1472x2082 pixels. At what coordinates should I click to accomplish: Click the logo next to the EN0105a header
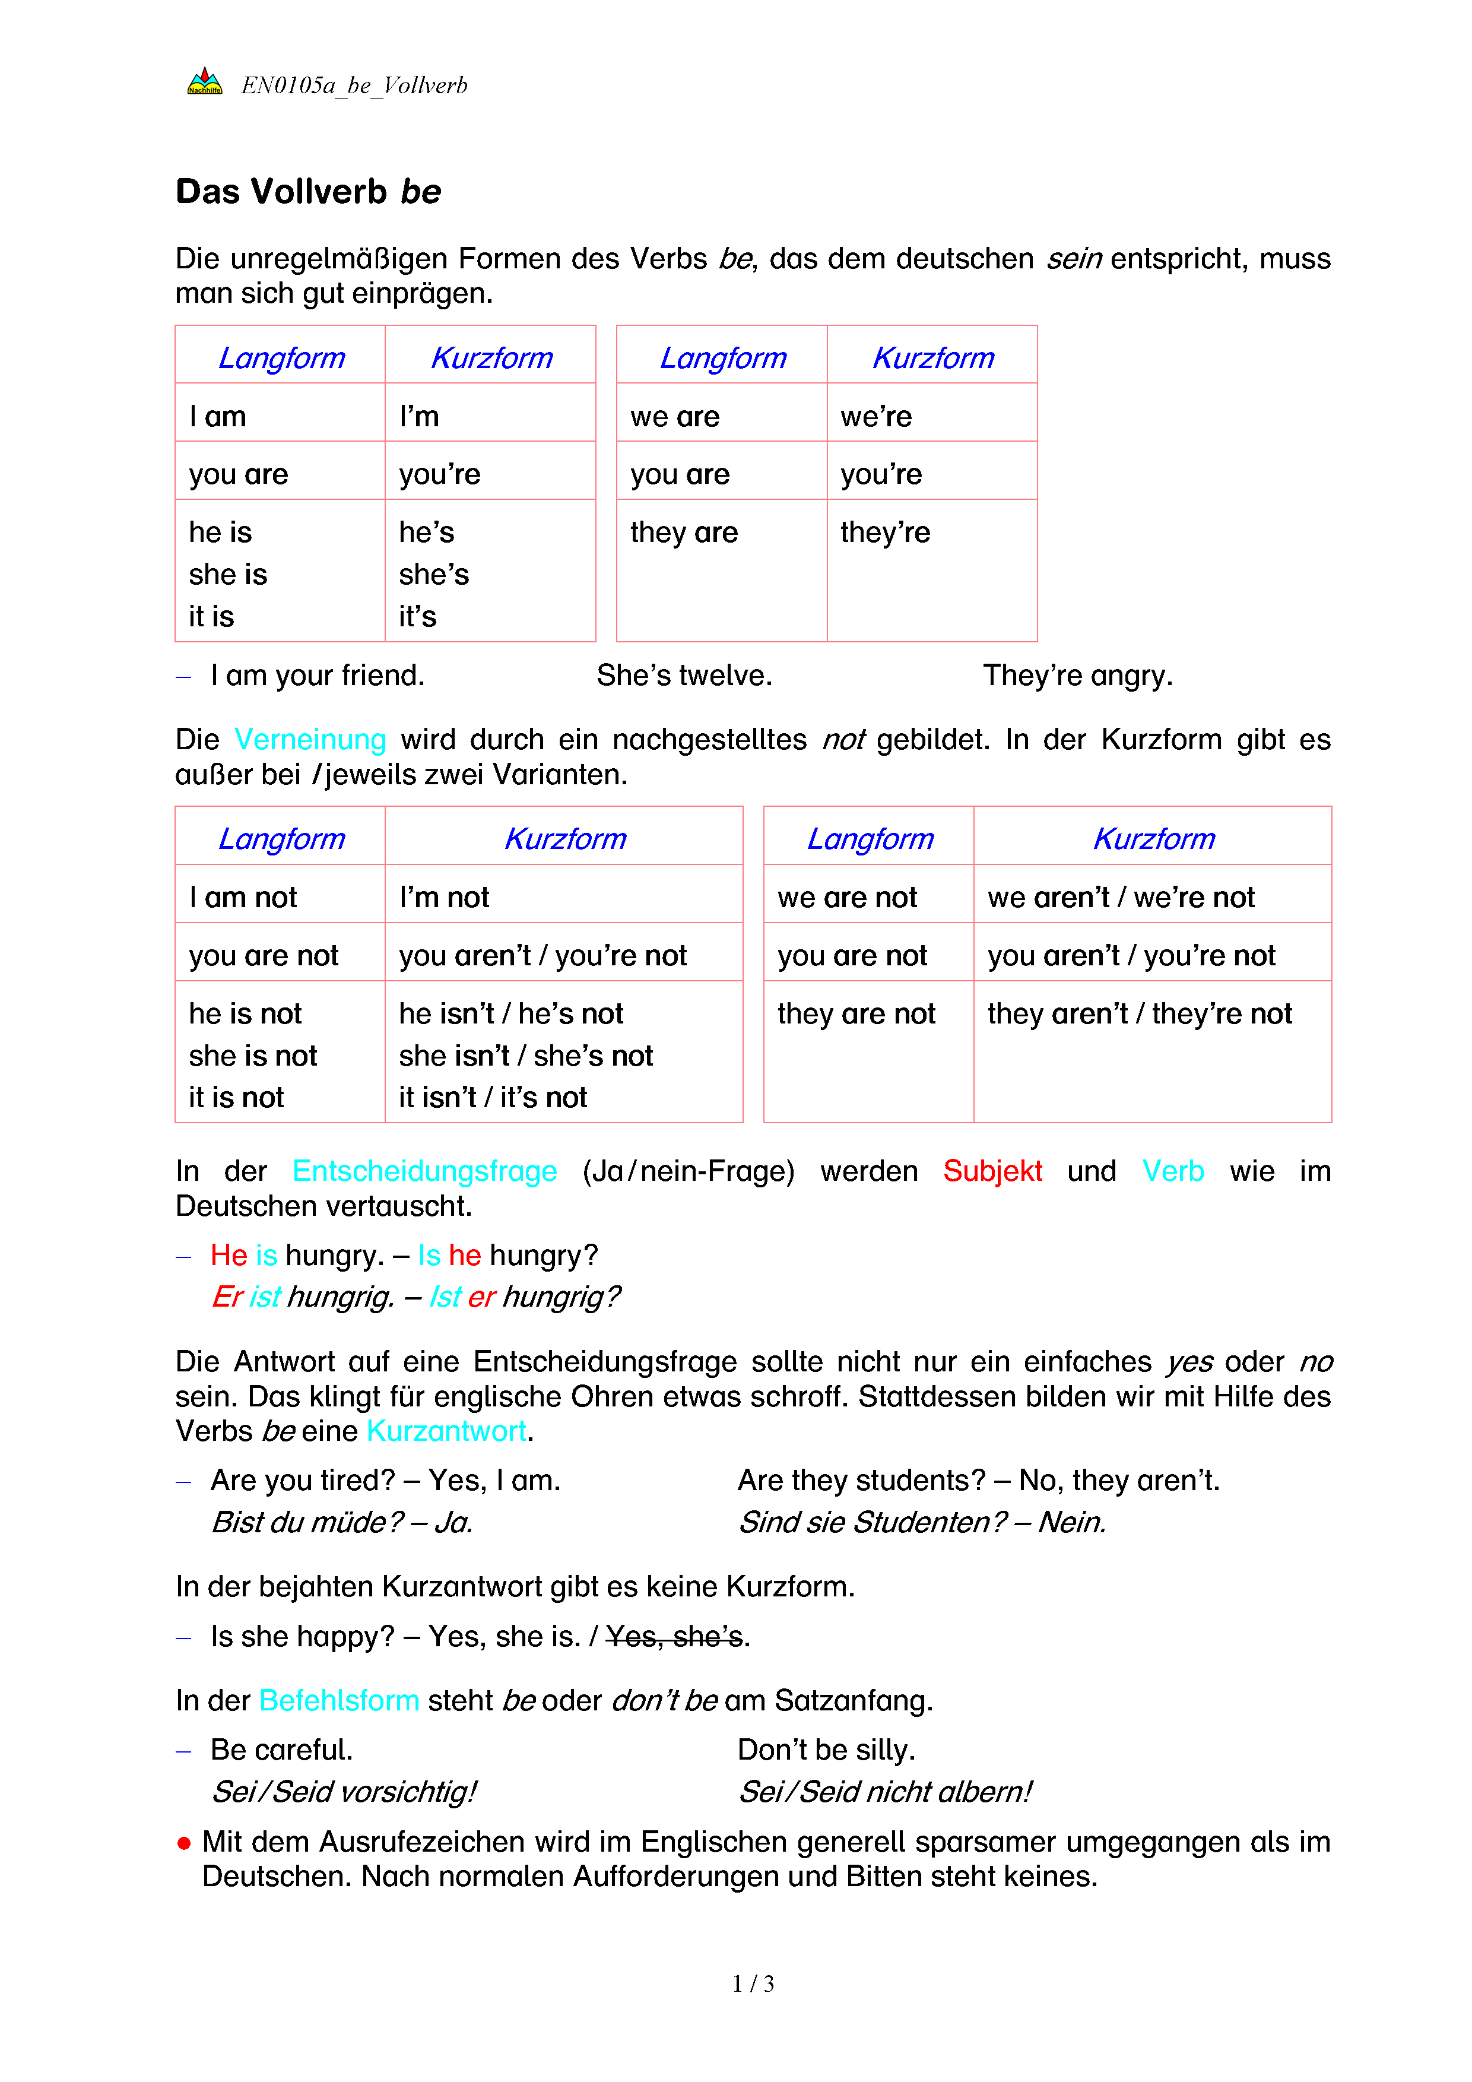click(x=204, y=83)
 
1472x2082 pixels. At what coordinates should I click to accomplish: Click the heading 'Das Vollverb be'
click(x=308, y=192)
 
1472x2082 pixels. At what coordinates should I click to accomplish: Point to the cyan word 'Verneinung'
click(x=310, y=740)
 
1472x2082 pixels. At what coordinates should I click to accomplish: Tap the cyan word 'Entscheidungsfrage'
click(x=424, y=1171)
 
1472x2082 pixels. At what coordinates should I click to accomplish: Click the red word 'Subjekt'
click(x=992, y=1171)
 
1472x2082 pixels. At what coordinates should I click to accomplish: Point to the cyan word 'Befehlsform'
click(x=339, y=1700)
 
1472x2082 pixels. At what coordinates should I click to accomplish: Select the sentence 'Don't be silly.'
click(x=826, y=1750)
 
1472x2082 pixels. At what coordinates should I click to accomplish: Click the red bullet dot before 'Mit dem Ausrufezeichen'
click(x=184, y=1843)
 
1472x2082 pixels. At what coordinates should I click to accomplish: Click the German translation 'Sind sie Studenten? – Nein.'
click(x=922, y=1523)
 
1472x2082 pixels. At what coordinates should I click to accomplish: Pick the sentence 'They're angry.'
click(x=1078, y=676)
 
